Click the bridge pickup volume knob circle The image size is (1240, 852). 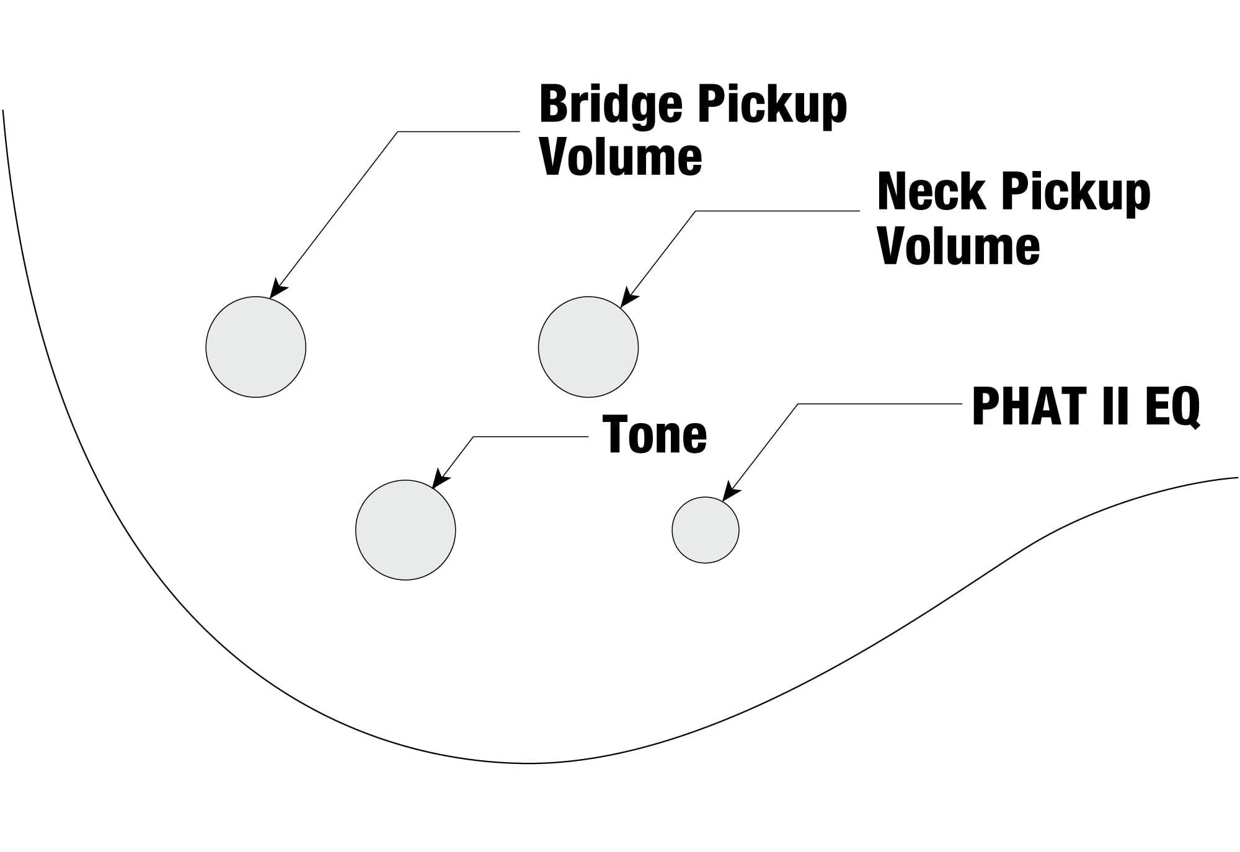pyautogui.click(x=255, y=347)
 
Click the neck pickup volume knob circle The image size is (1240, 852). pyautogui.click(x=588, y=347)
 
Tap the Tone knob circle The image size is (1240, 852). pyautogui.click(x=405, y=530)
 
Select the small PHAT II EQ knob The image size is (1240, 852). pyautogui.click(x=706, y=530)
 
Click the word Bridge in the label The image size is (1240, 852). pyautogui.click(x=611, y=105)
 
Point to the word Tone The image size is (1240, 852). pyautogui.click(x=654, y=435)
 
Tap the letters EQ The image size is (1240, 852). pyautogui.click(x=1172, y=406)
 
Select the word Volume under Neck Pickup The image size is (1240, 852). pyautogui.click(x=959, y=246)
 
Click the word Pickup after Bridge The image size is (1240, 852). pyautogui.click(x=771, y=105)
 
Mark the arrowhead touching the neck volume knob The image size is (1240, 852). pyautogui.click(x=627, y=299)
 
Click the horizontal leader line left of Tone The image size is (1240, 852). pyautogui.click(x=530, y=437)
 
